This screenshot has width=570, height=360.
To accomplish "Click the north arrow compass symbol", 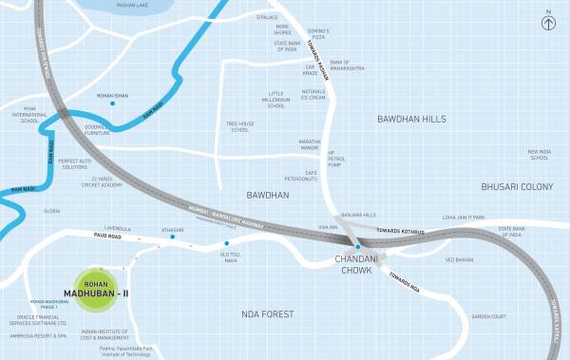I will point(547,21).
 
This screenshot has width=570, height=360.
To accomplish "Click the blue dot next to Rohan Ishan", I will point(112,104).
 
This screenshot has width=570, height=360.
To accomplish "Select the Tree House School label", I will point(238,126).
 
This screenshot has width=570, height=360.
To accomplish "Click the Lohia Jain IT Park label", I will point(464,218).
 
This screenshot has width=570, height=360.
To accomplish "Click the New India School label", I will point(540,155).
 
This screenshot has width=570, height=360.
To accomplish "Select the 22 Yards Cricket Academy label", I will point(103,181).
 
